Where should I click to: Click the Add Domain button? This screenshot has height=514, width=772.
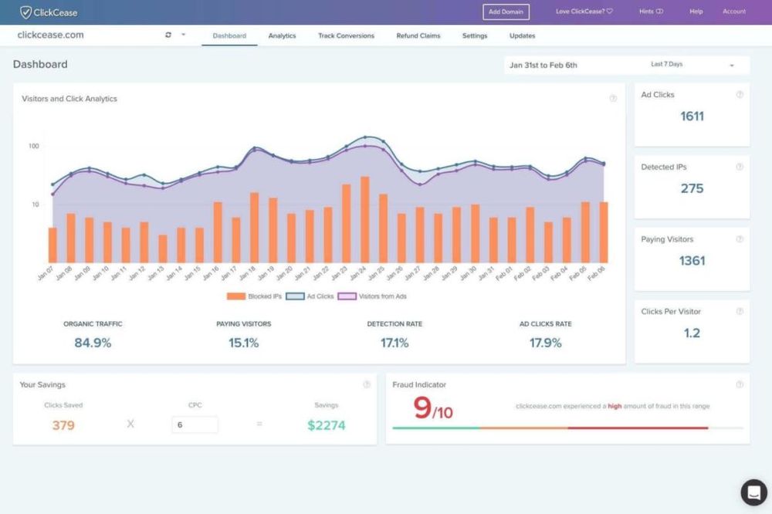pyautogui.click(x=506, y=12)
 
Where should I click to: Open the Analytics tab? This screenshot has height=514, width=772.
pyautogui.click(x=282, y=36)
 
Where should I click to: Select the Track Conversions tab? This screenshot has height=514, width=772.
pyautogui.click(x=346, y=36)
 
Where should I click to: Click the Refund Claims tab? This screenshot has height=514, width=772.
pyautogui.click(x=418, y=36)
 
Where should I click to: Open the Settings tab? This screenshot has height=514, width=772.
pyautogui.click(x=475, y=36)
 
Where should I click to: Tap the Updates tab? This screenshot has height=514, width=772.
pyautogui.click(x=522, y=36)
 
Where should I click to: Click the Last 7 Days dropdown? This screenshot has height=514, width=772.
pyautogui.click(x=692, y=65)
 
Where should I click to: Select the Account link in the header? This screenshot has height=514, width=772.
pyautogui.click(x=733, y=12)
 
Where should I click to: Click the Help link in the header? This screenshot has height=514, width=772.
pyautogui.click(x=696, y=12)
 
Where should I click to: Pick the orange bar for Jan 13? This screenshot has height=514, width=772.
pyautogui.click(x=163, y=249)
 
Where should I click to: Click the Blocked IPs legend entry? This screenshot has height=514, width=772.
pyautogui.click(x=254, y=296)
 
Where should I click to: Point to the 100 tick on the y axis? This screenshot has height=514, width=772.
pyautogui.click(x=34, y=146)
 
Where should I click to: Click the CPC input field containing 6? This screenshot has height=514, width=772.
pyautogui.click(x=195, y=424)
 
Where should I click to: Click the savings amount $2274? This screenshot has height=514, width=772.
pyautogui.click(x=326, y=424)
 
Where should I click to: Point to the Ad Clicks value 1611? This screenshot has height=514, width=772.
pyautogui.click(x=692, y=117)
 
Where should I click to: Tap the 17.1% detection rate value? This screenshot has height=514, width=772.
pyautogui.click(x=394, y=343)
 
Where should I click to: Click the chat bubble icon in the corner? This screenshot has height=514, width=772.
pyautogui.click(x=753, y=492)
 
